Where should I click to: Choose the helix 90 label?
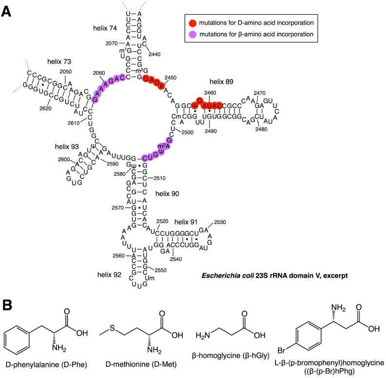pos(167,194)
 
